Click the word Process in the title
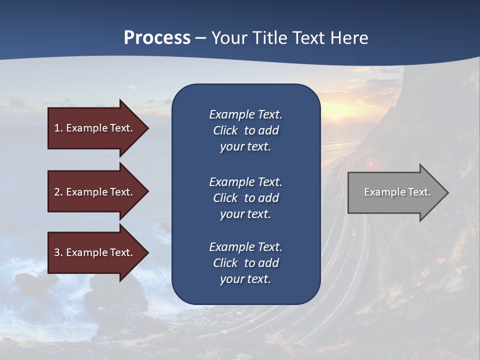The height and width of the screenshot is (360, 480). point(157,38)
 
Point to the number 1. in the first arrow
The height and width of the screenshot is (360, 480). point(58,128)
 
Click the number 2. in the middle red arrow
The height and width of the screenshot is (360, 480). point(58,192)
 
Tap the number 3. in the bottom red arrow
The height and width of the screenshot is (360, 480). point(58,252)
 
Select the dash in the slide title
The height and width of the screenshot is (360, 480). point(200,38)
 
